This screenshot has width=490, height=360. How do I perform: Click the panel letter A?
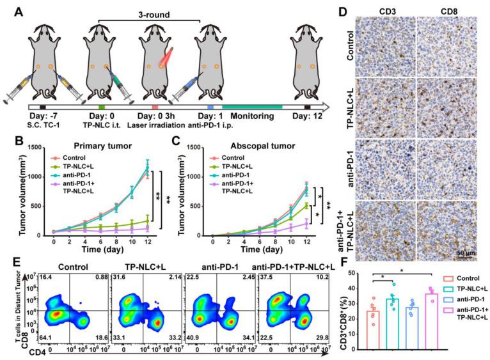pos(9,10)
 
